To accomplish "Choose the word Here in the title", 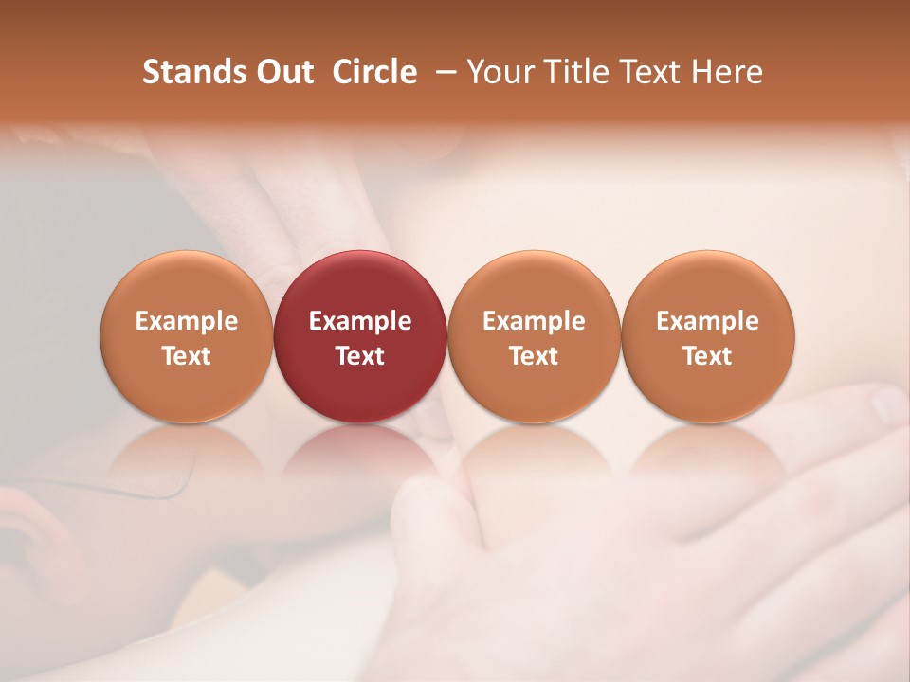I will tap(725, 72).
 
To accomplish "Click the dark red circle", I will tap(360, 284).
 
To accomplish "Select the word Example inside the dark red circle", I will tap(360, 321).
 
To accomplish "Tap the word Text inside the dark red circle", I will tap(360, 356).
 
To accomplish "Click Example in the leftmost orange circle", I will tap(187, 321).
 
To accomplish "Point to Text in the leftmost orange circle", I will tap(187, 356).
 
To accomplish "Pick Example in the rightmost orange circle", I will tap(707, 321).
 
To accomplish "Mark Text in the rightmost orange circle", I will tap(707, 356).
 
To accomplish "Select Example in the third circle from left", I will tap(534, 321).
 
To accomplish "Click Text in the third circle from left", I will tap(534, 356).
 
